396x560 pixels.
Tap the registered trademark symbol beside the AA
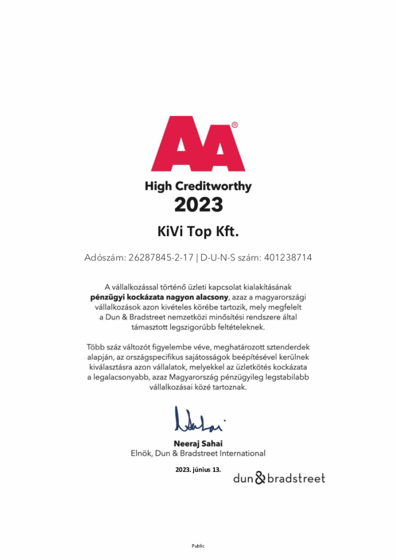tap(235, 125)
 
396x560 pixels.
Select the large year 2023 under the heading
tap(198, 205)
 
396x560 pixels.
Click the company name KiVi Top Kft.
tap(198, 232)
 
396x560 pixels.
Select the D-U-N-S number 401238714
tap(288, 258)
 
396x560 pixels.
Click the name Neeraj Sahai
tap(197, 444)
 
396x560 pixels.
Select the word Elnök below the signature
tap(141, 453)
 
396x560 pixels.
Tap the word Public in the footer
tap(197, 545)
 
